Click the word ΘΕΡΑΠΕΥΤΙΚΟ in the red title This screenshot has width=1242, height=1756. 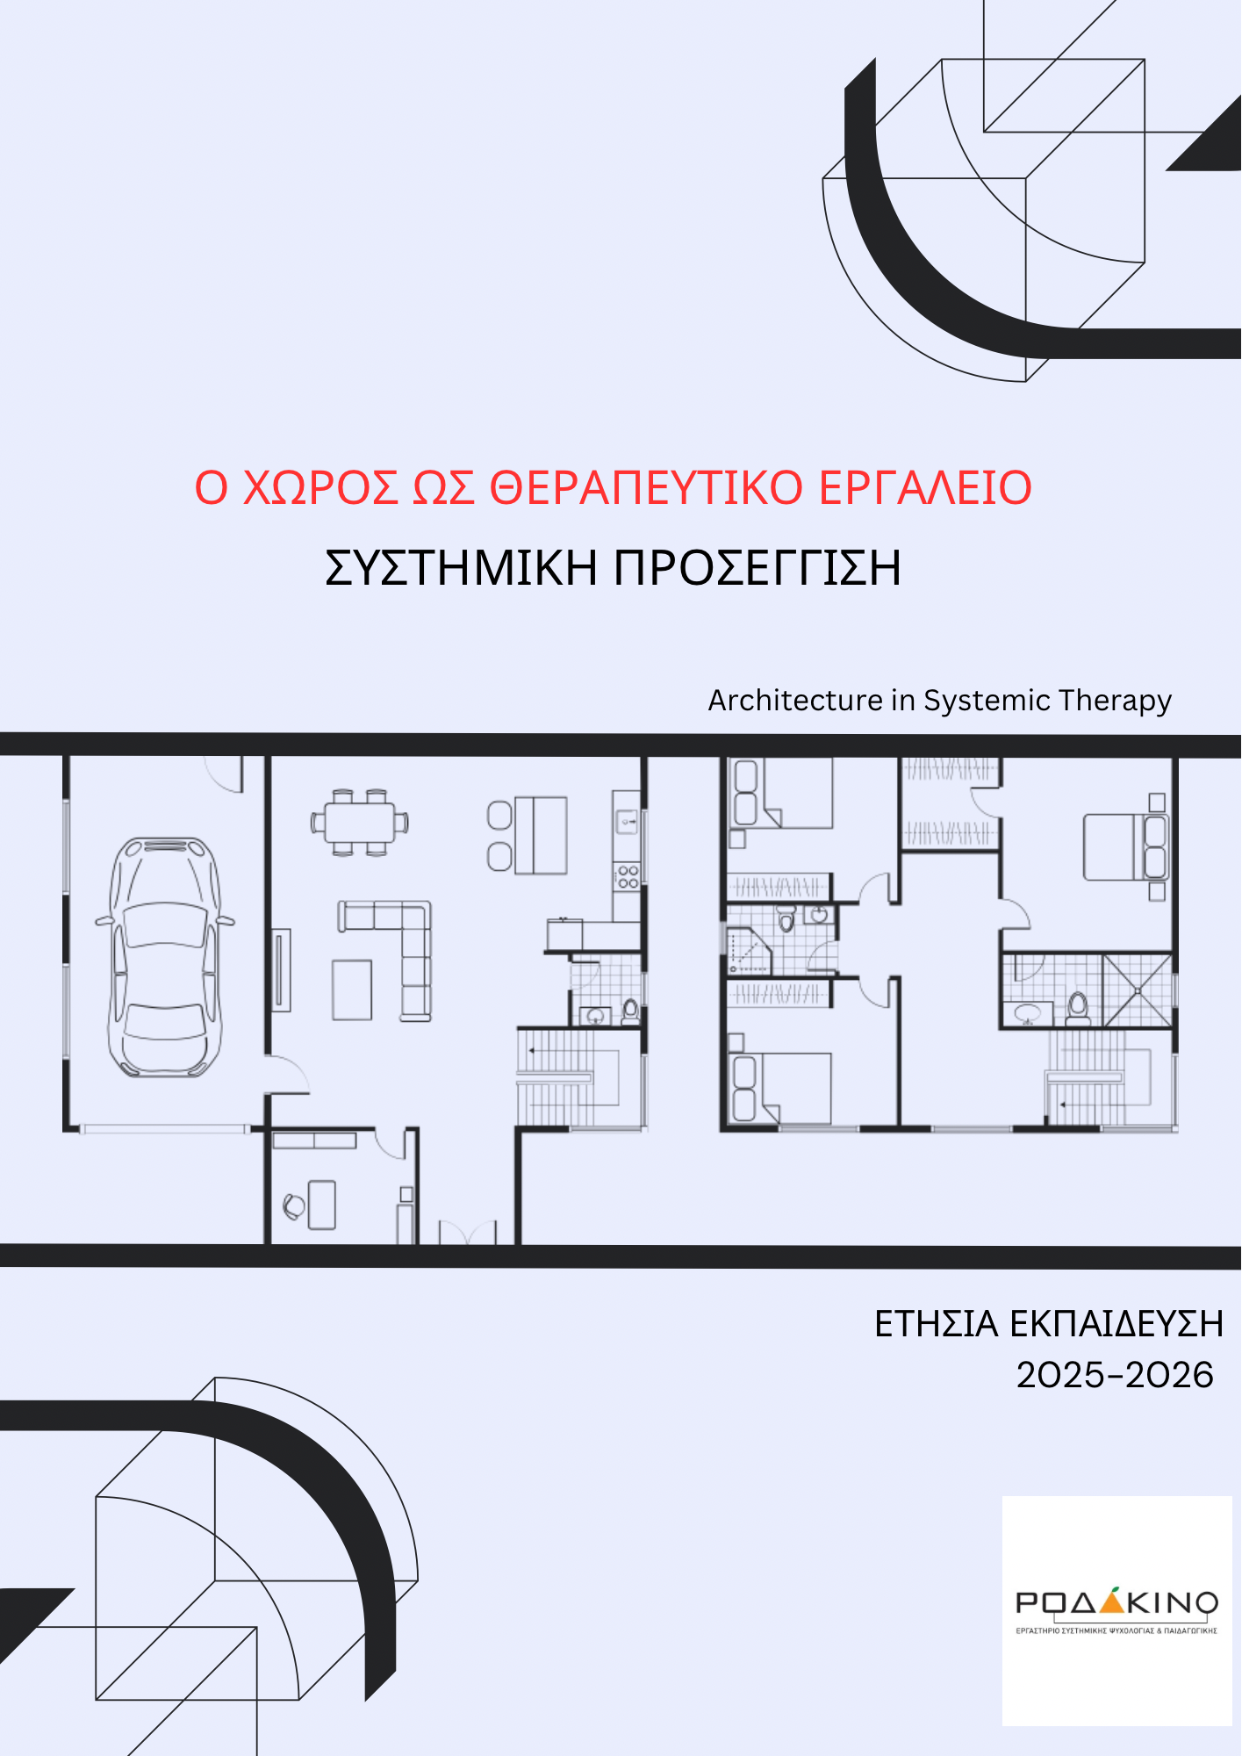point(645,488)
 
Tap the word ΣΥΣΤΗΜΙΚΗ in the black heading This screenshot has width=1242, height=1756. point(461,568)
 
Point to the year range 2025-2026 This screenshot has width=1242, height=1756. point(1115,1375)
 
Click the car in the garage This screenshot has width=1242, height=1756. point(164,957)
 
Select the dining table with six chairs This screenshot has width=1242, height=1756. point(360,823)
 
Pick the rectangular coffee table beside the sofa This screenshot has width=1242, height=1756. point(352,990)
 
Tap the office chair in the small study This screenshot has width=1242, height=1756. point(294,1205)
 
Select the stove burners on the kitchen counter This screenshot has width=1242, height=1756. point(627,875)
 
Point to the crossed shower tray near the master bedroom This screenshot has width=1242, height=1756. point(1138,990)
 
